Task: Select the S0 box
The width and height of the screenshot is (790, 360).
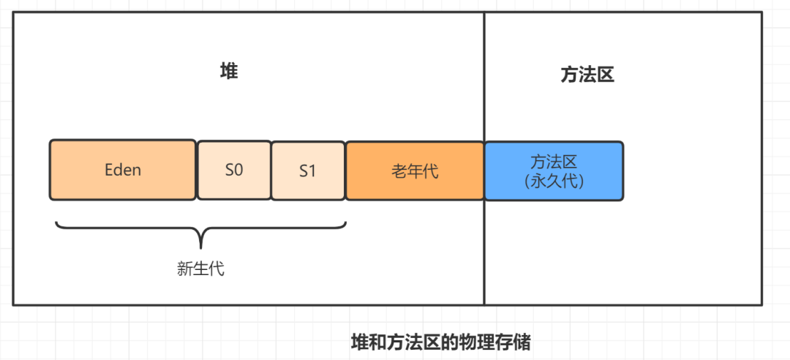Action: point(234,170)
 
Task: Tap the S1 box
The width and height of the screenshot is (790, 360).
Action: point(308,170)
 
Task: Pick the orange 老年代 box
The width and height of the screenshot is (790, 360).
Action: point(415,170)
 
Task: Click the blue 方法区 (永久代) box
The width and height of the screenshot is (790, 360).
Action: point(554,170)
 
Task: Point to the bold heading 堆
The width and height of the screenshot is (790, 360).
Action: point(229,72)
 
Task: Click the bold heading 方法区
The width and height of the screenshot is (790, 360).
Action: point(587,75)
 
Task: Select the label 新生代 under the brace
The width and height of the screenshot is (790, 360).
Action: point(200,269)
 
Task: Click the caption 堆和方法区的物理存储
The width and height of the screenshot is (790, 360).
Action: point(440,342)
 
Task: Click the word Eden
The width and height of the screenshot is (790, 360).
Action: point(122,170)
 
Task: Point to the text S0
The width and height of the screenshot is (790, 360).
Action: point(234,170)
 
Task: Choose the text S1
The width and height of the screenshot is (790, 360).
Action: point(308,171)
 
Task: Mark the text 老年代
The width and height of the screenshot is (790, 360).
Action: point(415,171)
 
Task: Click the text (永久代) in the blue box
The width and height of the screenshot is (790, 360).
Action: point(554,180)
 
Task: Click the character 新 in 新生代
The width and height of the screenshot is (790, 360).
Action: point(185,269)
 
